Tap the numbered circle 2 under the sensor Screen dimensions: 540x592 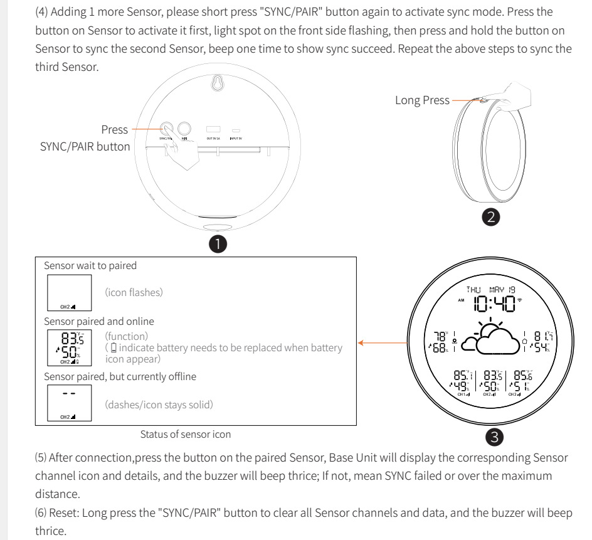(491, 217)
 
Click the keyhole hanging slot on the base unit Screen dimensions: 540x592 (218, 84)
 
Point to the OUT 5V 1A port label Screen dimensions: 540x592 (213, 138)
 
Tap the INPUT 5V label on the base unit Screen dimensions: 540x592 (236, 138)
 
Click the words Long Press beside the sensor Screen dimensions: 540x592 (422, 100)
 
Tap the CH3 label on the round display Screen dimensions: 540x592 (514, 394)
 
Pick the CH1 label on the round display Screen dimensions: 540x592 (463, 394)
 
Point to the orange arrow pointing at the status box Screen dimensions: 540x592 (383, 343)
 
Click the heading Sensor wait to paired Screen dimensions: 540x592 (90, 265)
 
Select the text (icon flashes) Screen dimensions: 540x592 (134, 292)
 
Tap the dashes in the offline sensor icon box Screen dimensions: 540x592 (69, 393)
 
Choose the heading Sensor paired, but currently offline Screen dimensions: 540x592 (120, 376)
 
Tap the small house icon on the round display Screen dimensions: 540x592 (524, 341)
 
